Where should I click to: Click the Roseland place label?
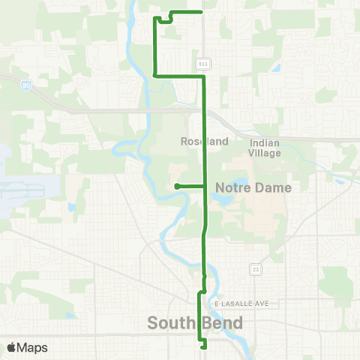tap(199, 141)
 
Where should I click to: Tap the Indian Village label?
tap(265, 148)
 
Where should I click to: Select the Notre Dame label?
tap(253, 187)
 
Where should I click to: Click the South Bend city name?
tap(195, 323)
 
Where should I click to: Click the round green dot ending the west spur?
tap(175, 186)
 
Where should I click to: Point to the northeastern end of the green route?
tap(203, 12)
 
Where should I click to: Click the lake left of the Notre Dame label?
tap(222, 199)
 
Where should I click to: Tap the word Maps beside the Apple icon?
tap(34, 347)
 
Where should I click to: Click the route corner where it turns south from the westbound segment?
tap(154, 75)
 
